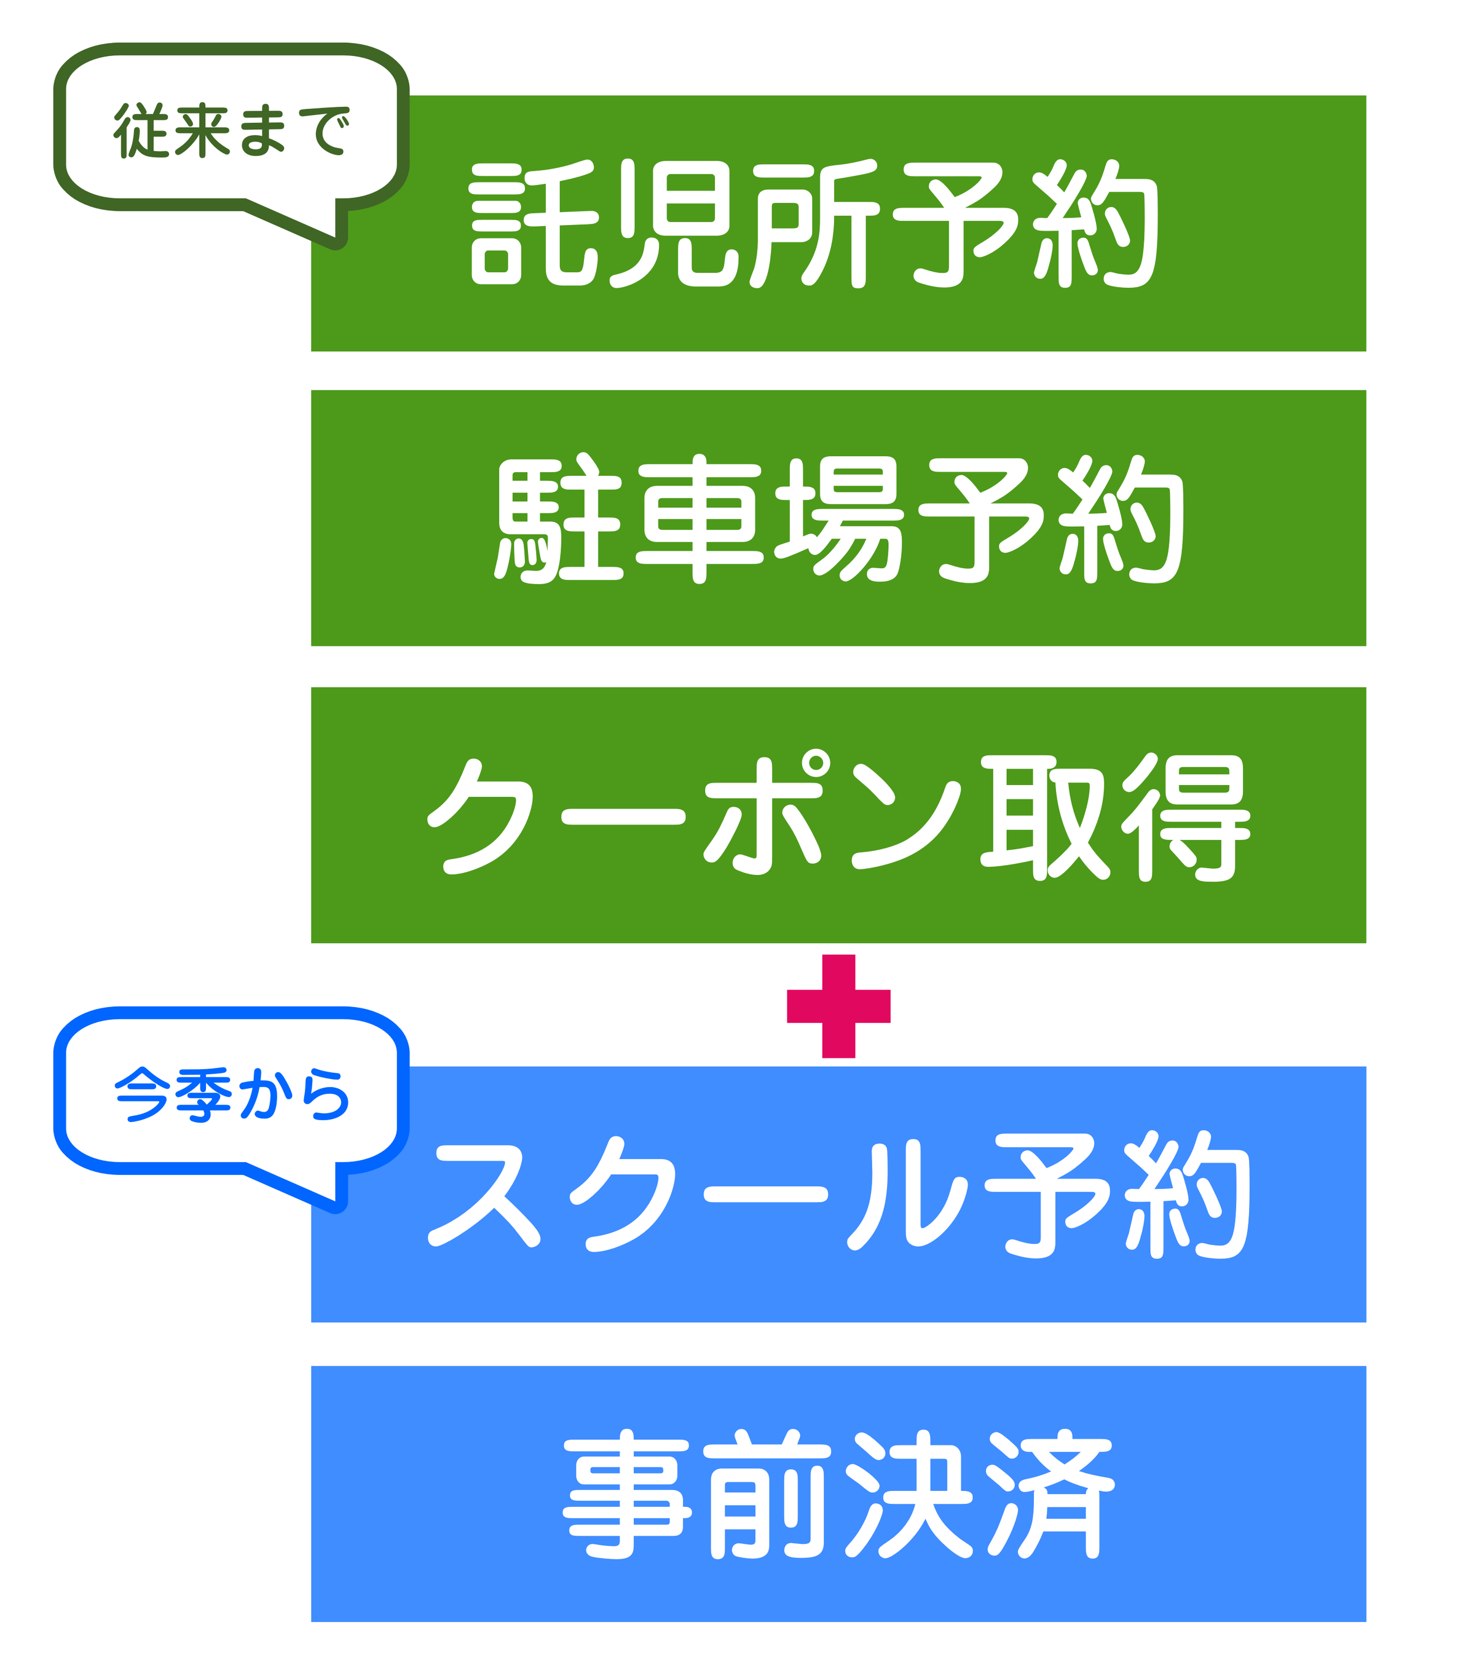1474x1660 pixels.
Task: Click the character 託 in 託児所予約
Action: (x=534, y=223)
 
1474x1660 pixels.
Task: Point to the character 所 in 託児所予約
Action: (x=814, y=223)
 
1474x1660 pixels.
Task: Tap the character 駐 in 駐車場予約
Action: (x=559, y=519)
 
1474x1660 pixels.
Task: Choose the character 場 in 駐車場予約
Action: (x=839, y=519)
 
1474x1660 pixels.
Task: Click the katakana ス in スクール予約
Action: (x=487, y=1194)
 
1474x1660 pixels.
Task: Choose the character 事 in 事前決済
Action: (x=628, y=1495)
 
